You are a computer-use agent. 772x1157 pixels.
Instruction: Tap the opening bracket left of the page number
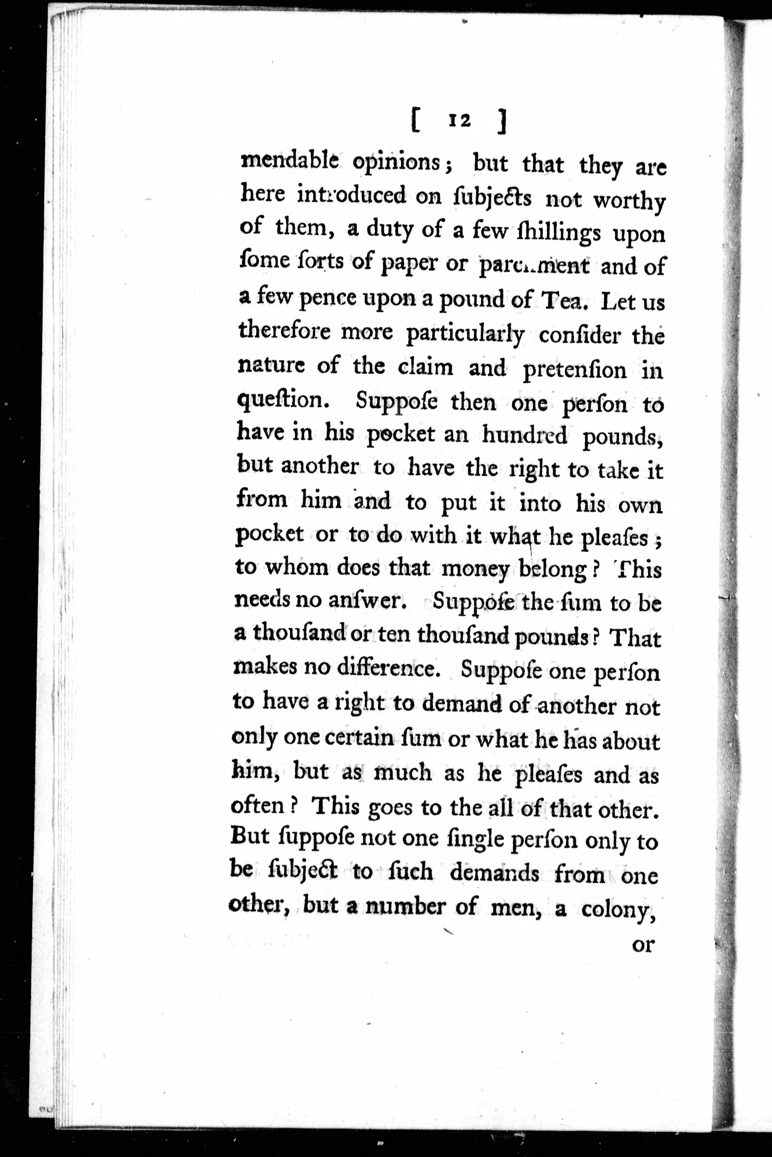tap(415, 122)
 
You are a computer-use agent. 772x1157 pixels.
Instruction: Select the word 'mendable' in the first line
tap(289, 161)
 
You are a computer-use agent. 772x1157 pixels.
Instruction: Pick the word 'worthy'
tap(629, 201)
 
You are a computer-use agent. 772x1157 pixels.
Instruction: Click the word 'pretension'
tap(574, 370)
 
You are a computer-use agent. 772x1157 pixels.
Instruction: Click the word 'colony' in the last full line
tap(619, 910)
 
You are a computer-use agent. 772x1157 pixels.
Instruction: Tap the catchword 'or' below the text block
tap(643, 945)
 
